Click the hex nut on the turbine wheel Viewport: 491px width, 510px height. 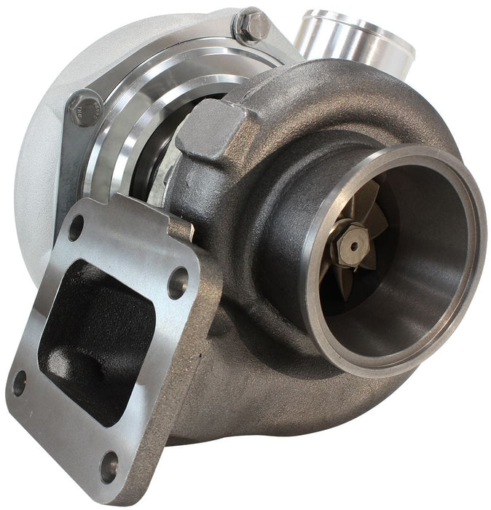[352, 246]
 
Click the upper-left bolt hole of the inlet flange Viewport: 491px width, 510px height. [76, 227]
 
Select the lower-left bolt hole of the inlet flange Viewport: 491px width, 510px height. [20, 382]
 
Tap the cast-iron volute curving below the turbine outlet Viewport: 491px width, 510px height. [291, 408]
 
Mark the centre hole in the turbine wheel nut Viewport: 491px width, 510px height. [353, 246]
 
